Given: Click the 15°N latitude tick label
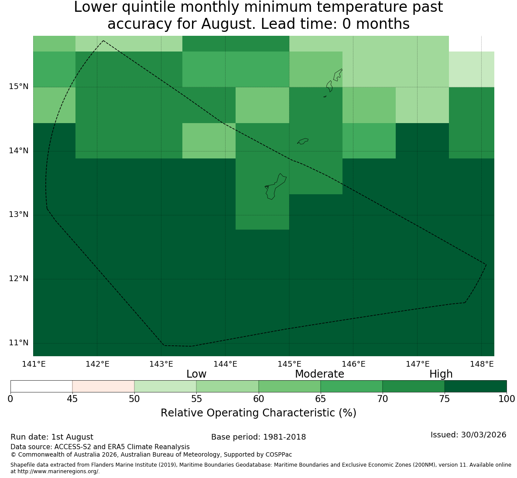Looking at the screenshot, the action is [x=18, y=87].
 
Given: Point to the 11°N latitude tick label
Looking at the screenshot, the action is [x=18, y=343].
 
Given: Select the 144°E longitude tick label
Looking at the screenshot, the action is [x=226, y=364].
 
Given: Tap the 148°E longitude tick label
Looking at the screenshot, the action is [x=482, y=364].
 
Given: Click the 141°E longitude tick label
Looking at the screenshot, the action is [x=34, y=364].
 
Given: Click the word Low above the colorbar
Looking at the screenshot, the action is [x=196, y=374].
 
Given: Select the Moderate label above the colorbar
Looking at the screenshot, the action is [x=319, y=374].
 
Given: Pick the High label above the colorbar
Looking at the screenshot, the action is [x=441, y=374].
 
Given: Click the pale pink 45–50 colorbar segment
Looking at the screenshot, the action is [x=103, y=386].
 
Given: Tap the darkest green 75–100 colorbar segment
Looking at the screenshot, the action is [x=476, y=386].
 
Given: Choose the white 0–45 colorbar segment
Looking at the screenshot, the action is [x=41, y=386].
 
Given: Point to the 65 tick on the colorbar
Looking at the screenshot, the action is [x=321, y=399].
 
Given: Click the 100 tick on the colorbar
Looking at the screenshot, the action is [x=507, y=399].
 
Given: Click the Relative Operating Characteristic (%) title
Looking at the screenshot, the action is [x=258, y=413].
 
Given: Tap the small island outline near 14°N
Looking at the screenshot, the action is [x=303, y=141].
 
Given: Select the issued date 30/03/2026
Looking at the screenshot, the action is [x=484, y=435].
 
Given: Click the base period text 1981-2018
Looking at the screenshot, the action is [x=284, y=437].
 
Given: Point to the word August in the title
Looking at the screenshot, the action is [x=228, y=24].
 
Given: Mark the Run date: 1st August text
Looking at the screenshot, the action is [x=52, y=437].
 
